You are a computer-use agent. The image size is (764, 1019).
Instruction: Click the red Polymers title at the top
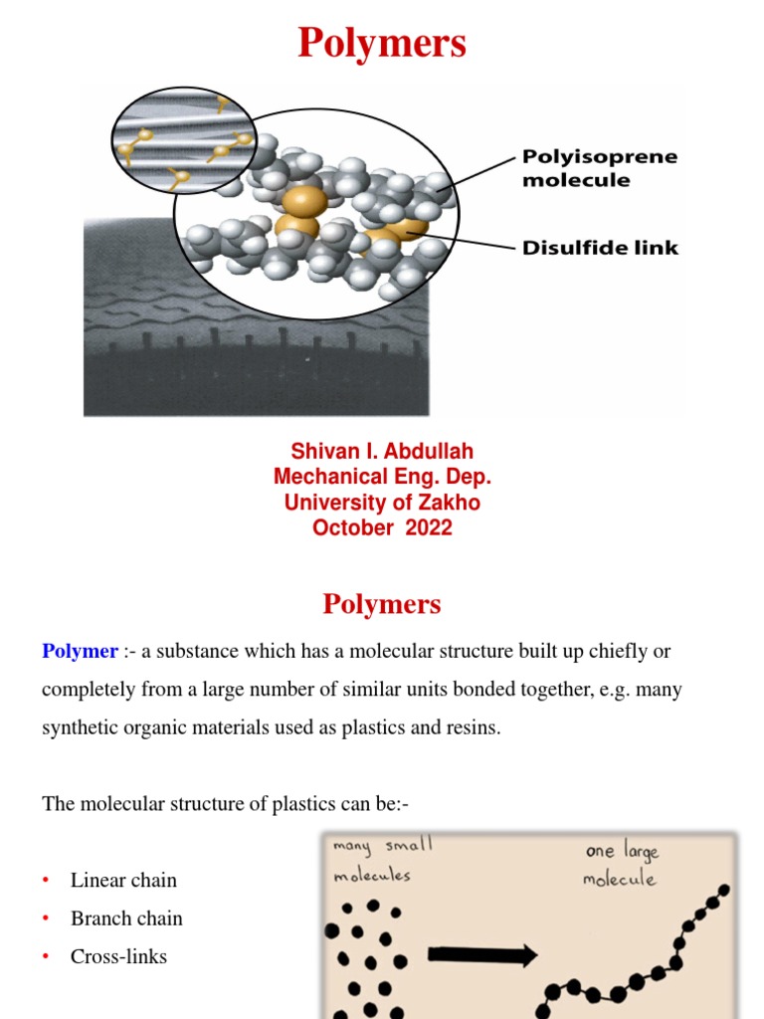(382, 45)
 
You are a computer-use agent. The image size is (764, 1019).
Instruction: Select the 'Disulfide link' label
(600, 247)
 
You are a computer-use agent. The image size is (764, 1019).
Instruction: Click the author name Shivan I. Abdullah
(382, 452)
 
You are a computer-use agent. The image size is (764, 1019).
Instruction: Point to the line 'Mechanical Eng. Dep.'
(382, 477)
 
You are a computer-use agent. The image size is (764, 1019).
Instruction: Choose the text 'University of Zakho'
(382, 503)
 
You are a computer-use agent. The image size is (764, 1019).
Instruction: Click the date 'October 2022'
(382, 528)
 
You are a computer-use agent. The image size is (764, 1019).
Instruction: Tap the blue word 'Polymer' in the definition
(80, 652)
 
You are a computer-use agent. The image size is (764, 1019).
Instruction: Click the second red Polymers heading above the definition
(382, 604)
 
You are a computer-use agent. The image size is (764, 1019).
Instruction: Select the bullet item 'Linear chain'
(123, 880)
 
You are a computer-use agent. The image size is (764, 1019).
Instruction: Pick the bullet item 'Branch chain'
(126, 918)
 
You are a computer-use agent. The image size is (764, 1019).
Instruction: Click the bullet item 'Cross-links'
(118, 956)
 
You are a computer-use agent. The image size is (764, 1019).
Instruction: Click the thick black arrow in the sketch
(482, 955)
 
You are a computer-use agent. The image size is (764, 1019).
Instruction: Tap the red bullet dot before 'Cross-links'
(46, 957)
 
